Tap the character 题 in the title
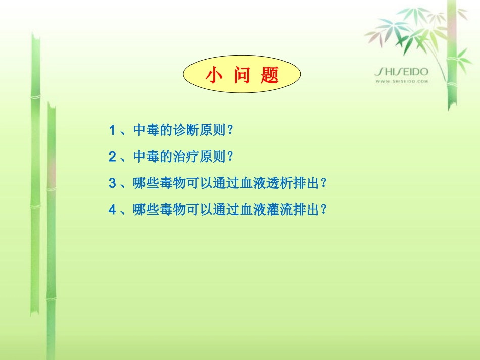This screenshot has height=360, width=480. [270, 75]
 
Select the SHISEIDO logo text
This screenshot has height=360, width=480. [401, 72]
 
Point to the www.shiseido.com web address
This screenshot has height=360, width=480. [402, 81]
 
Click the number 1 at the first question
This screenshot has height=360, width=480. [112, 130]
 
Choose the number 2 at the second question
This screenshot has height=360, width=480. [112, 157]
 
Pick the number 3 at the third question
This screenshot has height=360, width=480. [112, 183]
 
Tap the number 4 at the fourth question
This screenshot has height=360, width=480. [112, 209]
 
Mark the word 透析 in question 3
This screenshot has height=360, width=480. [282, 183]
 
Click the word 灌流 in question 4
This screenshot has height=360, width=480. [282, 209]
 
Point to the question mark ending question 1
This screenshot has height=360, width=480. [230, 130]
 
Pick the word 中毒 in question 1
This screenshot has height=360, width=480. [146, 130]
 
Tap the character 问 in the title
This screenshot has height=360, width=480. [242, 75]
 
